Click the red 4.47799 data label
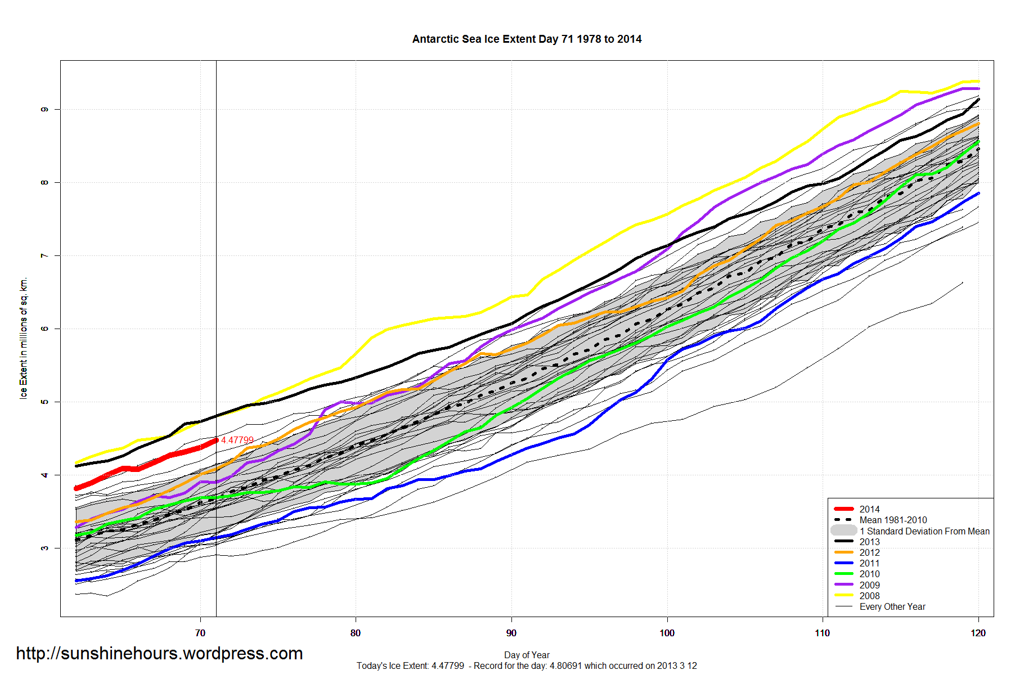tap(237, 440)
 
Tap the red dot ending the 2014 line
tap(216, 440)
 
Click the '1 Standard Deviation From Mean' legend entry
tap(910, 531)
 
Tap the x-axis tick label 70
tap(200, 633)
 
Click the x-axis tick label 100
tap(667, 633)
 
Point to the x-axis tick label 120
tap(978, 633)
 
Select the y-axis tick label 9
tap(44, 109)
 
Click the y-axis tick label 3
tap(44, 548)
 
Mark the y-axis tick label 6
tap(44, 329)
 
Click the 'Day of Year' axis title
tap(527, 655)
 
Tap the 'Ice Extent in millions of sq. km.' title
tap(23, 338)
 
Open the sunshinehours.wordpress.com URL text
tap(159, 653)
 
